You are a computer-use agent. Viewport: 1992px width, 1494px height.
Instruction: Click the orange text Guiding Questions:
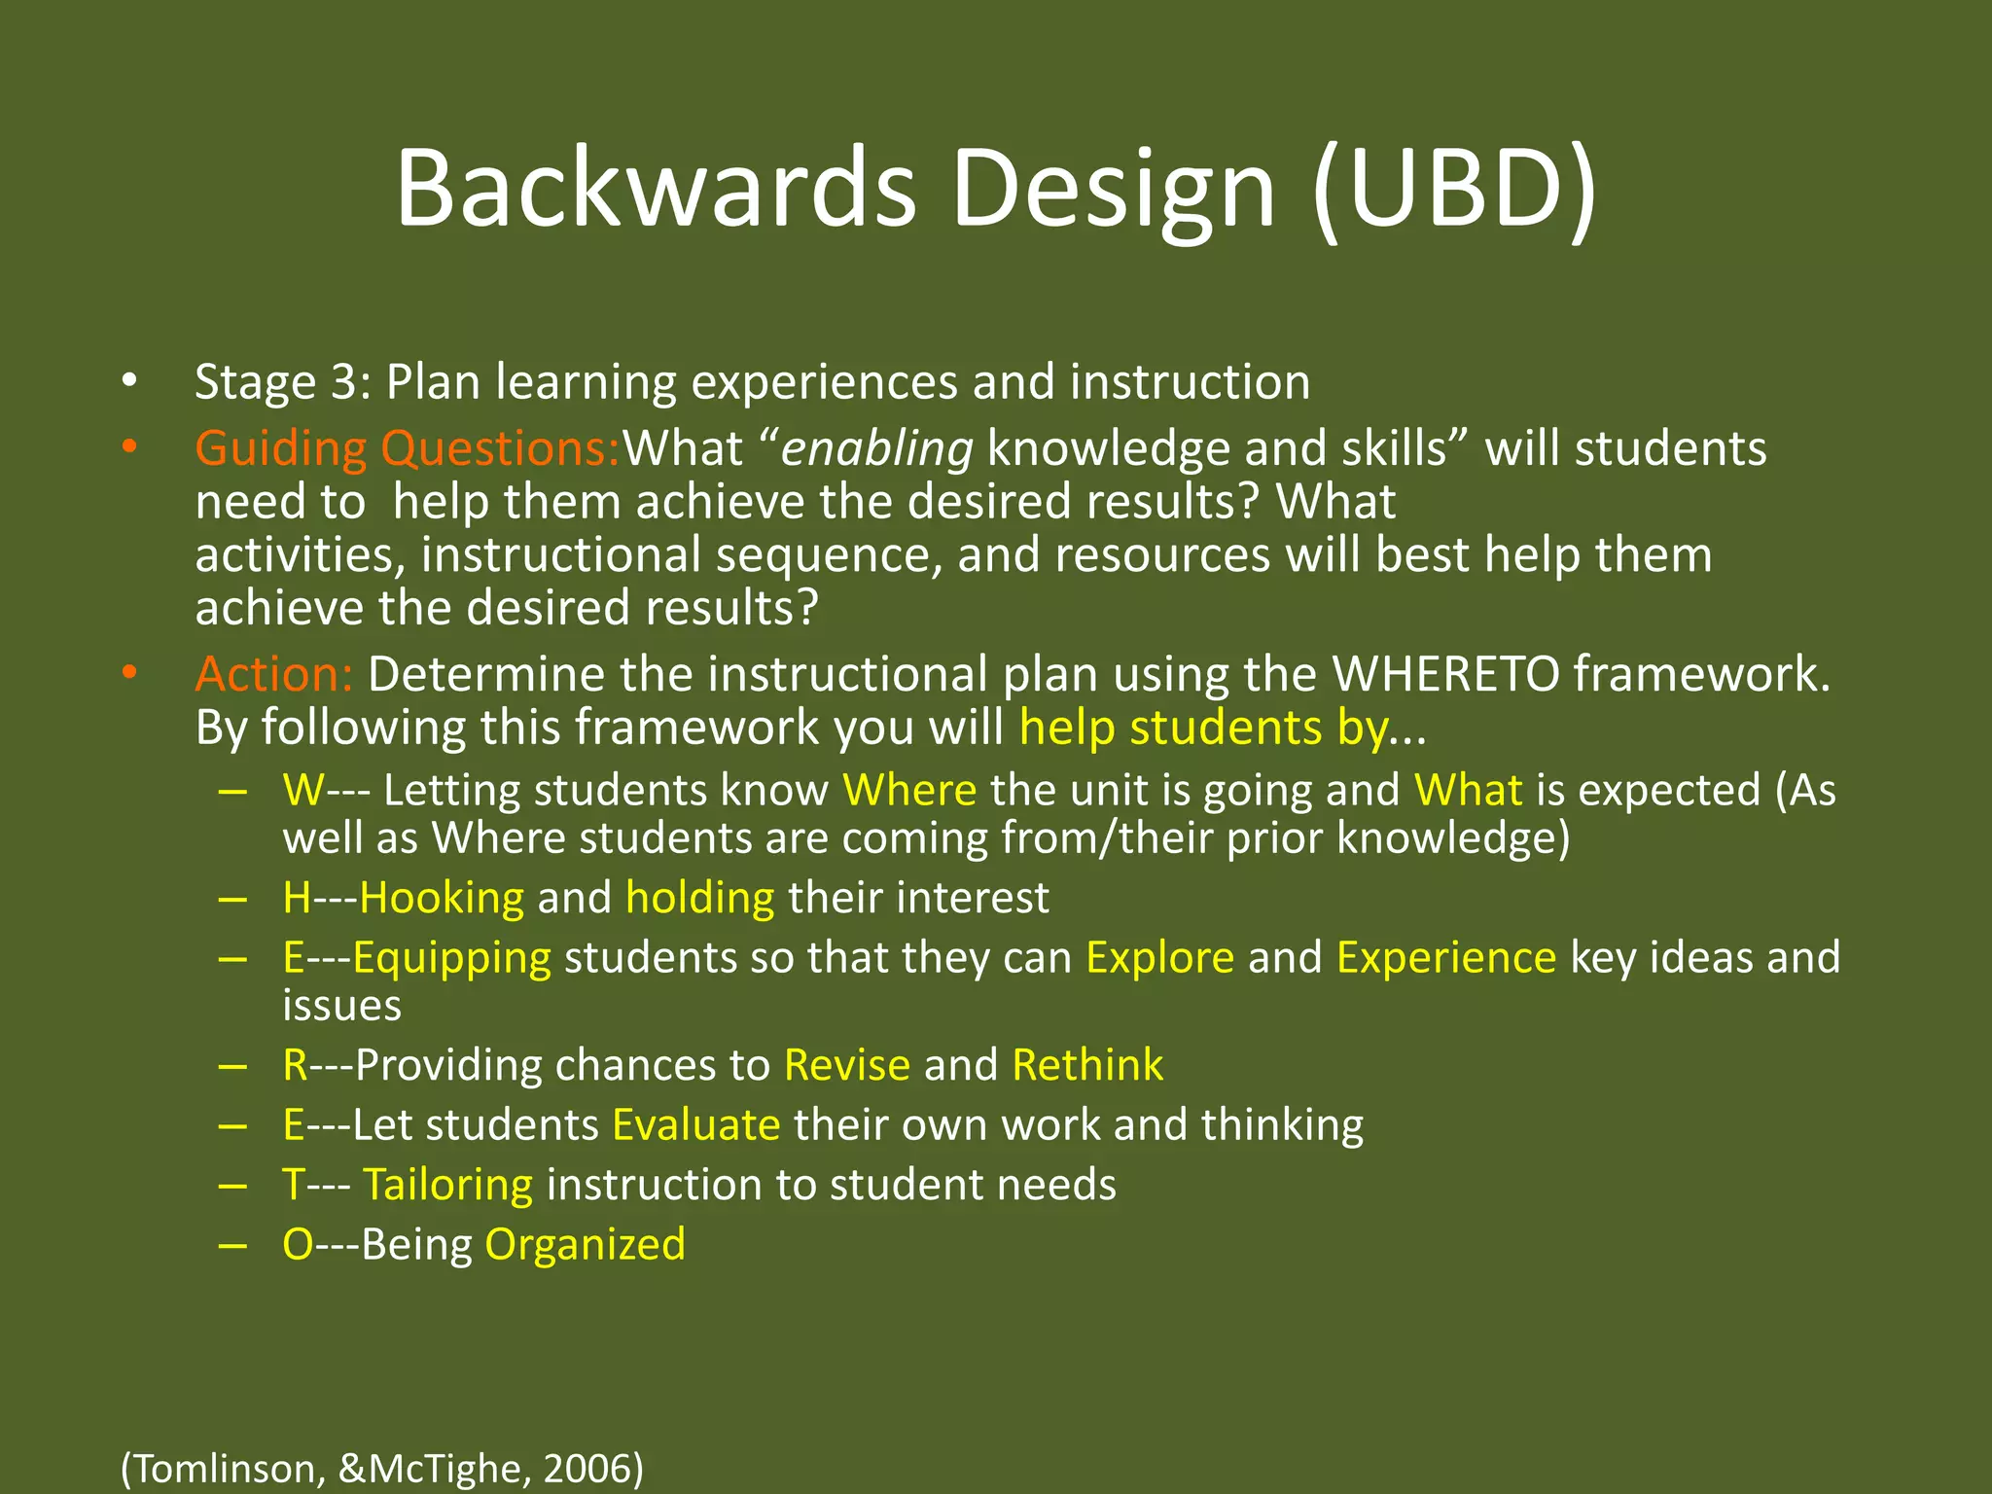coord(407,448)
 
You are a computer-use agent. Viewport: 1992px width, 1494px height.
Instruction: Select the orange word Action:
coord(273,674)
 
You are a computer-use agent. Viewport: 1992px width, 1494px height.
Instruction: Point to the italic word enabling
coord(876,448)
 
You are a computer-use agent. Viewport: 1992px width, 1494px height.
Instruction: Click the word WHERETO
coord(1445,674)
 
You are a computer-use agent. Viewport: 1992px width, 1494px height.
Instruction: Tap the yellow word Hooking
coord(442,897)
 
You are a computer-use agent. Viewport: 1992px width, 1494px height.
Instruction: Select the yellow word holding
coord(699,897)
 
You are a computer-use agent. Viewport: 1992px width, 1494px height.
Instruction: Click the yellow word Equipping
coord(451,958)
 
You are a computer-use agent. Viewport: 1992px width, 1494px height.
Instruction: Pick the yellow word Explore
coord(1159,958)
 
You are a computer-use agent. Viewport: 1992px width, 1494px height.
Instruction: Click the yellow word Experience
coord(1445,958)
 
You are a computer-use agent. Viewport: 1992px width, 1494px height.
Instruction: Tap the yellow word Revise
coord(846,1065)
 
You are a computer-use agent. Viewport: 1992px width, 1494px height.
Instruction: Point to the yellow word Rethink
coord(1086,1065)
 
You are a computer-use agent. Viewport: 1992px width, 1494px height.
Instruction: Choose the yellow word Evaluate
coord(695,1125)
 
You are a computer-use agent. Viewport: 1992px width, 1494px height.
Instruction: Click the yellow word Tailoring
coord(447,1185)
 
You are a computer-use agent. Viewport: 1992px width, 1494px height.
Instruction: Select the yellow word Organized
coord(585,1245)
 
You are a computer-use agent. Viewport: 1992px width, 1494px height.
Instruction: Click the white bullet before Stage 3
coord(129,382)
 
